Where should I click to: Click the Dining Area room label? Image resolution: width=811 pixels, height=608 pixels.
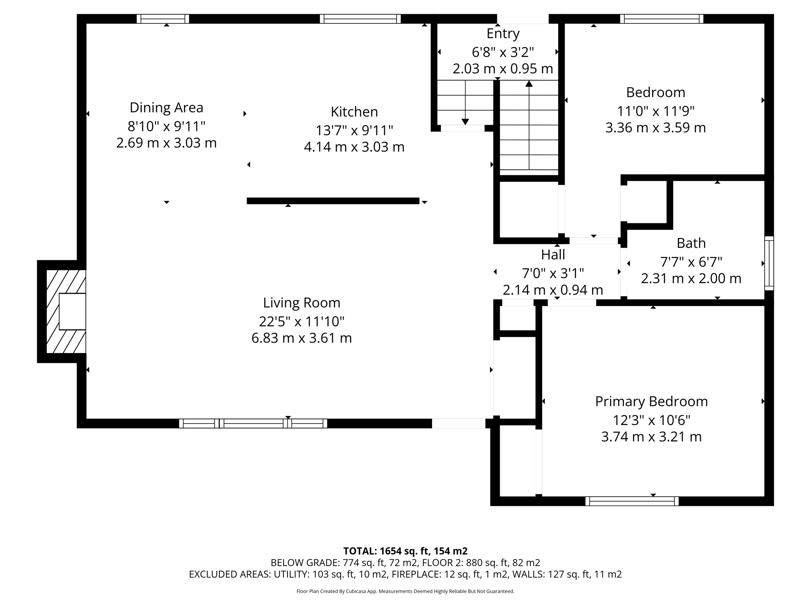point(166,107)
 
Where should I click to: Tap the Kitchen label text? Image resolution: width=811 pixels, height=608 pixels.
point(354,112)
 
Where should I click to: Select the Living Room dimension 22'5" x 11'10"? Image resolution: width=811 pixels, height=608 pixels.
point(301,321)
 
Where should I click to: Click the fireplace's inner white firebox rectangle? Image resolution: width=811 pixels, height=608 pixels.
point(72,311)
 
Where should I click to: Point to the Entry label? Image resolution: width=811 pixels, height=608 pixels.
point(503,34)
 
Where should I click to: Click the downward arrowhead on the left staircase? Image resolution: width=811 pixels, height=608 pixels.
point(465,122)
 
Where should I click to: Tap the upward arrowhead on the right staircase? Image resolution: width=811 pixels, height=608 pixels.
point(529,84)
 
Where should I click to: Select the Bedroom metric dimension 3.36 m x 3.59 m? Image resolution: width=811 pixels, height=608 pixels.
point(655,128)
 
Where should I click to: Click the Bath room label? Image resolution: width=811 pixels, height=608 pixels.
point(691,243)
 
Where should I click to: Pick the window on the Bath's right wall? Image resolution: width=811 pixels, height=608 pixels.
point(769,263)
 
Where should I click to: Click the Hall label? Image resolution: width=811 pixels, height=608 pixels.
point(553,255)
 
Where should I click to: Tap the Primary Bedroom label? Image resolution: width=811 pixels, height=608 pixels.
point(651,401)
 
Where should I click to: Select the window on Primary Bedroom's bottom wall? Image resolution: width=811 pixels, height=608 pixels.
point(632,501)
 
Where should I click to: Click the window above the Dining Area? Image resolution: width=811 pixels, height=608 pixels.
point(163,19)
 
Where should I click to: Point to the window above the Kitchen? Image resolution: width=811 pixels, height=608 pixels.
point(360,19)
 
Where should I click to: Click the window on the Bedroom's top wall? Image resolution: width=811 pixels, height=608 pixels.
point(661,19)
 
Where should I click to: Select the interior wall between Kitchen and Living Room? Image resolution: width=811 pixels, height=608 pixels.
point(333,201)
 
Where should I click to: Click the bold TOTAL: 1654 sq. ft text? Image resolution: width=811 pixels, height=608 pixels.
point(405,551)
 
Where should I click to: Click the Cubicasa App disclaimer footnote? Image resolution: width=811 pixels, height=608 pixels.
point(405,591)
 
